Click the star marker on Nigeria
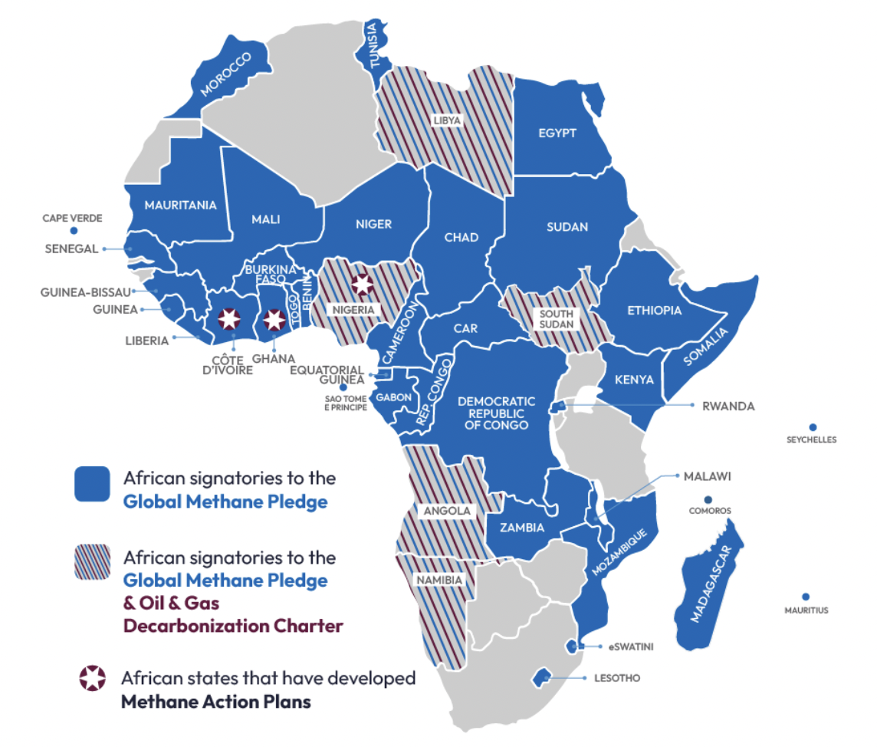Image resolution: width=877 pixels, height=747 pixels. click(x=362, y=284)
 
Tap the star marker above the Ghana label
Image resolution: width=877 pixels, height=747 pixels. click(x=274, y=320)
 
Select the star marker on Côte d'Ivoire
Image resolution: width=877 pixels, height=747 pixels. click(x=228, y=320)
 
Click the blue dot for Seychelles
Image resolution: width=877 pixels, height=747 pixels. click(x=812, y=427)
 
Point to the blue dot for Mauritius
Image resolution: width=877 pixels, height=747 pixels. click(x=806, y=597)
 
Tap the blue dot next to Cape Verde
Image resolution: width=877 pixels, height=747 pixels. click(x=72, y=230)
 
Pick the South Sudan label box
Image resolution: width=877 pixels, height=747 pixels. click(x=557, y=320)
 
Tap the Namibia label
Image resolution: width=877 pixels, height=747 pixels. click(x=438, y=581)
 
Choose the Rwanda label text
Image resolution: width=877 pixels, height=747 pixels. click(x=728, y=406)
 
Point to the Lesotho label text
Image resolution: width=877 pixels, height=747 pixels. click(x=616, y=678)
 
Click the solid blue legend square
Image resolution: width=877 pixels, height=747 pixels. click(x=92, y=484)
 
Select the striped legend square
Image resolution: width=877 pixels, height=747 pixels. click(x=92, y=562)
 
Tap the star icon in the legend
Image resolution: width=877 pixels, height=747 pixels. click(x=93, y=678)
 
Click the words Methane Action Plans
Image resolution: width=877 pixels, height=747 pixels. click(x=215, y=701)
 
